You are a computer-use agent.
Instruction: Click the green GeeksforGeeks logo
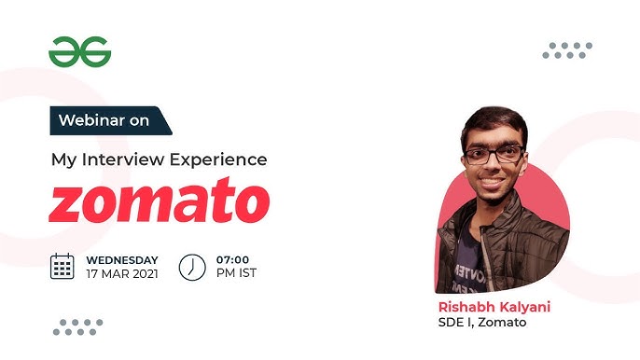click(x=79, y=52)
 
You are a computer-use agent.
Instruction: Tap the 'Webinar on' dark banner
click(x=110, y=121)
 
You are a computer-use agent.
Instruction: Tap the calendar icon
click(x=63, y=266)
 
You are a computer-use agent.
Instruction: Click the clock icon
click(x=192, y=266)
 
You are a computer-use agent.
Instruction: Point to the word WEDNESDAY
click(x=122, y=259)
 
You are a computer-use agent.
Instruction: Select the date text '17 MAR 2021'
click(x=122, y=273)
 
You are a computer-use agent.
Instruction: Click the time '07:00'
click(x=234, y=259)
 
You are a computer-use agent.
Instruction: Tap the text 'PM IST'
click(x=236, y=273)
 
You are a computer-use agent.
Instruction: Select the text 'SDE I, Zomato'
click(x=482, y=323)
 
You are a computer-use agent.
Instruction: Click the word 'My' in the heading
click(x=63, y=159)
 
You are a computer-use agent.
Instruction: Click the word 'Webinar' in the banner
click(x=89, y=121)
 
